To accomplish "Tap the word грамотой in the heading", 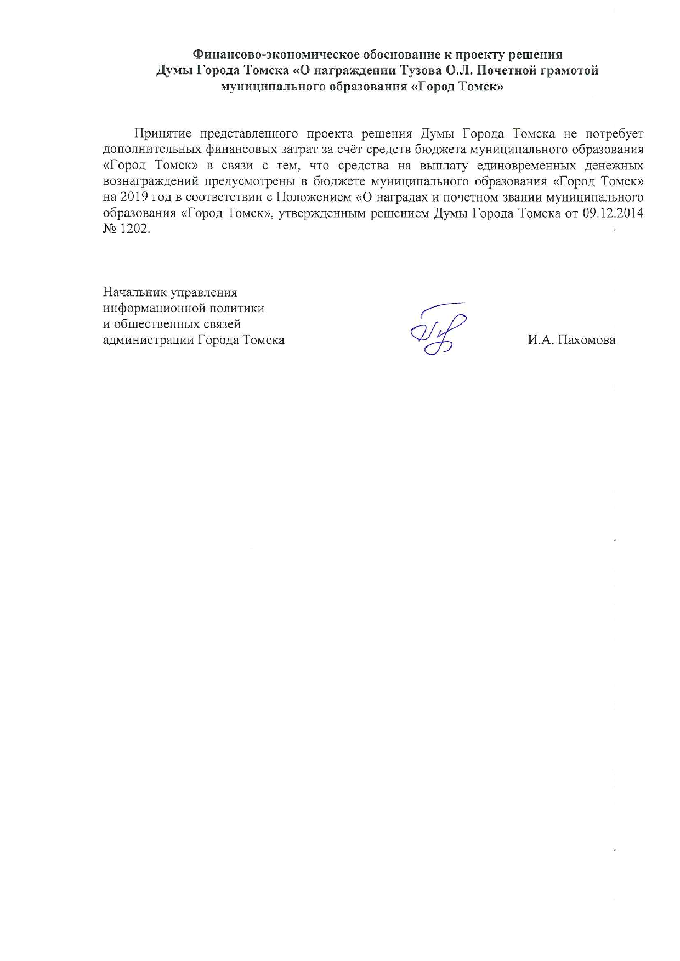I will click(569, 71).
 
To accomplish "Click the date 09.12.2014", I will click(613, 213).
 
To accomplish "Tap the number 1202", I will click(137, 229).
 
